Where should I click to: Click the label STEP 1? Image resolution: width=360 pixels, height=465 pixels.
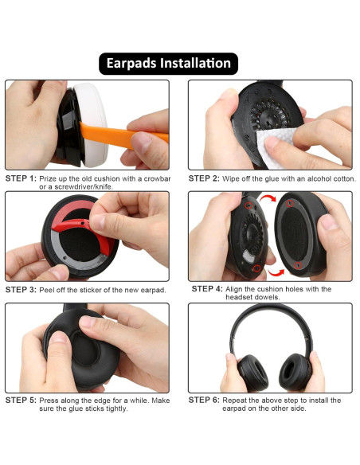(21, 178)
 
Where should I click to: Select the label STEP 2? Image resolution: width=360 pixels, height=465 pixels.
(204, 178)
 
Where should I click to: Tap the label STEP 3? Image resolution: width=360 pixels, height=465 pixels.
(21, 290)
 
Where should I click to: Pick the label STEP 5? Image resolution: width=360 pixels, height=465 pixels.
(21, 401)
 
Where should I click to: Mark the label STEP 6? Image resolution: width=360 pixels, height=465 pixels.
(204, 401)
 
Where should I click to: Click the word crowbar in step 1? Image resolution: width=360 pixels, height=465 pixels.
(152, 178)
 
